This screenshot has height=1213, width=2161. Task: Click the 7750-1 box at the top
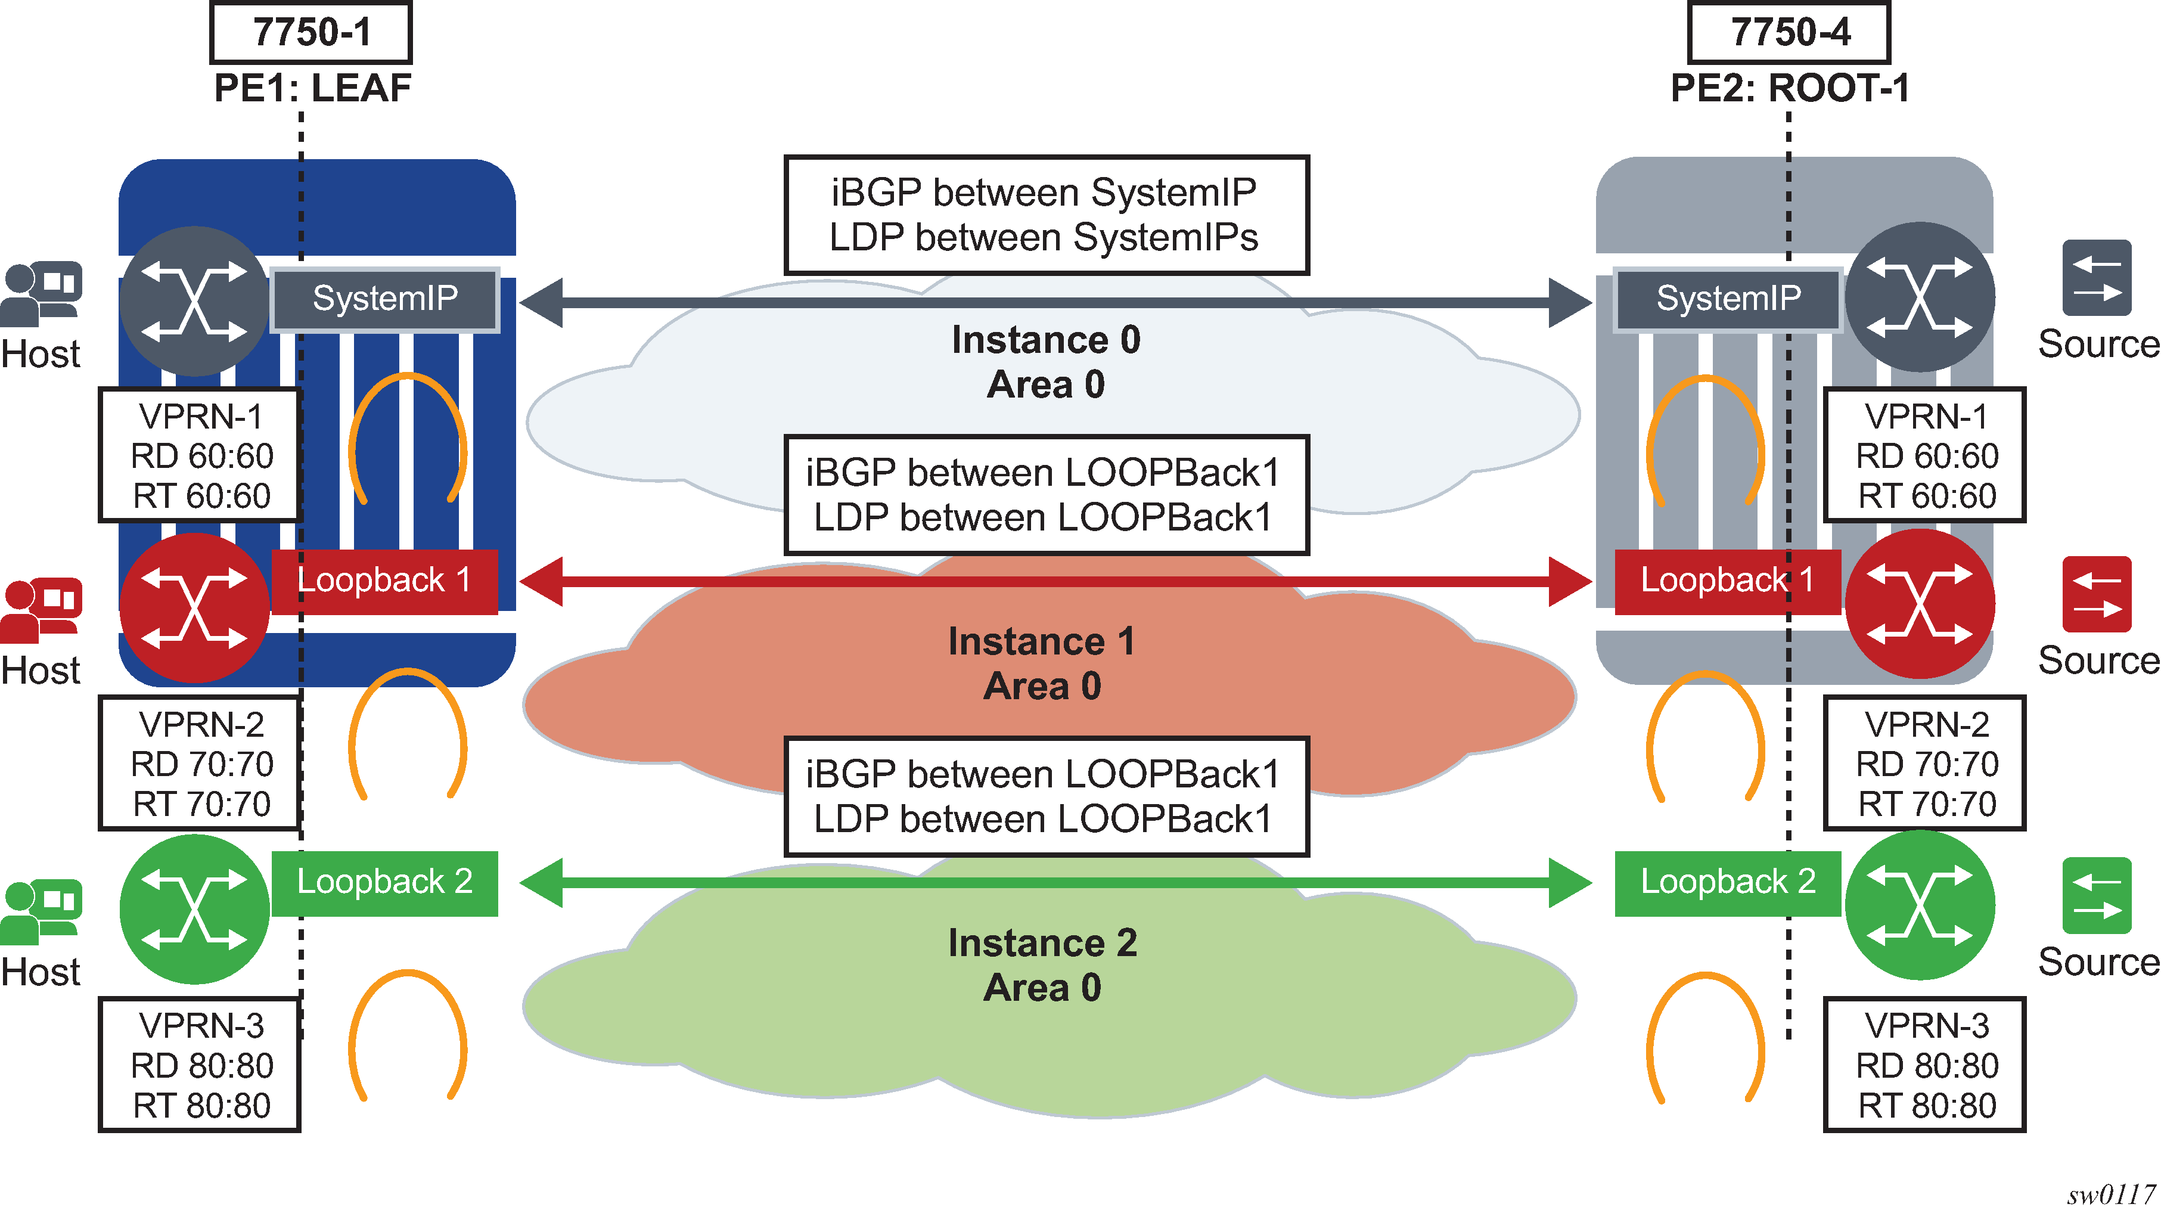coord(311,33)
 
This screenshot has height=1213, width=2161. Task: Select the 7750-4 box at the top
coord(1789,33)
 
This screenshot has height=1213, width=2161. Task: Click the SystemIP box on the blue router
coord(385,299)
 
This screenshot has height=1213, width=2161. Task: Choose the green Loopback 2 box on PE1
coord(385,883)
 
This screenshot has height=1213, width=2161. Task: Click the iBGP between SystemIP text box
coord(1045,215)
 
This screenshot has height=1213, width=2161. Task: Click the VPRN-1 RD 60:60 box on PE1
coord(200,455)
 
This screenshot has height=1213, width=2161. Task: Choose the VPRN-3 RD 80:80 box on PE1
coord(200,1065)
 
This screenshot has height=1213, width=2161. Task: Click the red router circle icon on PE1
coord(195,607)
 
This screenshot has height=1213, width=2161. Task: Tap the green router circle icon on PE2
coord(1920,905)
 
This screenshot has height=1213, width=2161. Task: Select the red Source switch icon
coord(2097,594)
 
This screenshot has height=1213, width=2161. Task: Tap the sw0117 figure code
coord(2110,1195)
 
